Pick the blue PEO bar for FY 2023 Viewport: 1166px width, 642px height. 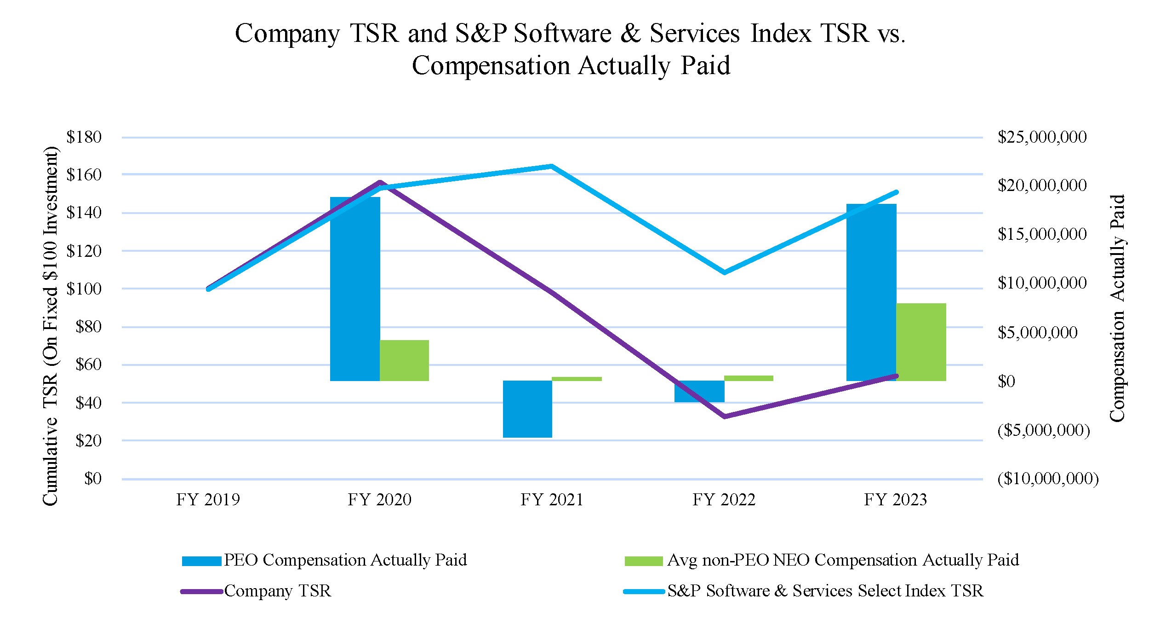[x=871, y=292]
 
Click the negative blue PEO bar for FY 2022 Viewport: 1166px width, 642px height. [x=699, y=391]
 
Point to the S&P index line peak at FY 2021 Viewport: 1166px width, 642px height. [x=551, y=166]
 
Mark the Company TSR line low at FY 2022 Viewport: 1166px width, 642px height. [x=725, y=416]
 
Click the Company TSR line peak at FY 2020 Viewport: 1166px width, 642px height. [x=380, y=183]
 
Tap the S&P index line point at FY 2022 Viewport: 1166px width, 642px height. [x=725, y=272]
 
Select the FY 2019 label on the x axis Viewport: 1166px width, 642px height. [x=208, y=500]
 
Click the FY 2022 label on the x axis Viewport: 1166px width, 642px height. [x=724, y=500]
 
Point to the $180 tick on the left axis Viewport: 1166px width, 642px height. [x=84, y=137]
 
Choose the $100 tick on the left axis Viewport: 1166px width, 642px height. [x=84, y=289]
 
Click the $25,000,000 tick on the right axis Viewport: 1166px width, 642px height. [x=1042, y=137]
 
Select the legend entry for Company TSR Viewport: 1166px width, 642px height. [x=277, y=591]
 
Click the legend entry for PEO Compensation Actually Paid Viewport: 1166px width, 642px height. [x=345, y=560]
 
